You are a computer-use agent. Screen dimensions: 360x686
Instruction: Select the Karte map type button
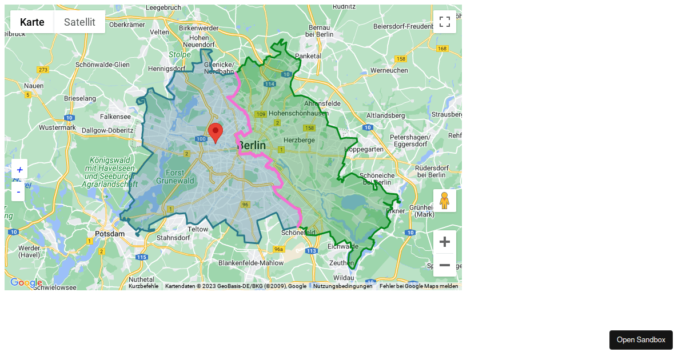32,22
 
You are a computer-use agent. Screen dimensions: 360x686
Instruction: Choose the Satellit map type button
79,22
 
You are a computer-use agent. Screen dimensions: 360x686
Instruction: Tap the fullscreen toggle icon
445,22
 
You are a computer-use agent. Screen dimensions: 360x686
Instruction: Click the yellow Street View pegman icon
445,201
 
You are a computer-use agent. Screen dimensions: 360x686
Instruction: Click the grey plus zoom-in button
445,242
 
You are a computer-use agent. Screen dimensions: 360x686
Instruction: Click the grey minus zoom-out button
445,265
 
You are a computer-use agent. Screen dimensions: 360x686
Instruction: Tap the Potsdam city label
110,234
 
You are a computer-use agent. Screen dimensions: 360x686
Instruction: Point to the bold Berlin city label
252,146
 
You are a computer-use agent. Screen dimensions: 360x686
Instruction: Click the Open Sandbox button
641,340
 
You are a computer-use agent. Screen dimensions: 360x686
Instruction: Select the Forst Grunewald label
174,177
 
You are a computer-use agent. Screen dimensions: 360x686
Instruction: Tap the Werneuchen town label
389,70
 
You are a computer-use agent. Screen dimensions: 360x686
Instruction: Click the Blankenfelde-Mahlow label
251,263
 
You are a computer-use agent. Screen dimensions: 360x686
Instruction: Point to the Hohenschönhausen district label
297,113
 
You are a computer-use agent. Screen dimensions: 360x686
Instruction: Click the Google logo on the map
26,283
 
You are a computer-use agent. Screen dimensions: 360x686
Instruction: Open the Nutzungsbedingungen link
343,286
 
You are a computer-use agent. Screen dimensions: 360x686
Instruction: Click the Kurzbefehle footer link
143,286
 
